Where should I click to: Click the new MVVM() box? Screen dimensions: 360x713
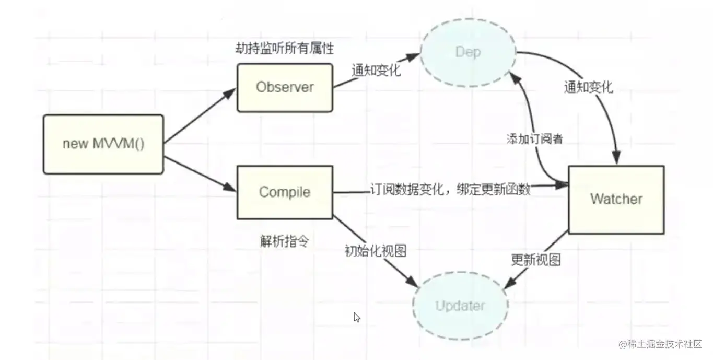[103, 144]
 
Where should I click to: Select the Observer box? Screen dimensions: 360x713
[285, 87]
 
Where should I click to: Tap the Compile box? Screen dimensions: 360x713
[285, 192]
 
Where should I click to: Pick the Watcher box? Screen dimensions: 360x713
[616, 199]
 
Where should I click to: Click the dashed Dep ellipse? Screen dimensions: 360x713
[468, 52]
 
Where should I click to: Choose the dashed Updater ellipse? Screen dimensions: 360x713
[460, 306]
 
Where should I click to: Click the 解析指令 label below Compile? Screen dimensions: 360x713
[284, 241]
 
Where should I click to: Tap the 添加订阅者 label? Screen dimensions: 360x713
[534, 139]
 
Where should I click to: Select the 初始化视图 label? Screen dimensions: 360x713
[375, 251]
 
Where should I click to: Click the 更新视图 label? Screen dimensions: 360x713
[535, 260]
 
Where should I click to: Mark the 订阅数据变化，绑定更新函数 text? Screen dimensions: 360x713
[450, 189]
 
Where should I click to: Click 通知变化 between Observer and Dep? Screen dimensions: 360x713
[376, 71]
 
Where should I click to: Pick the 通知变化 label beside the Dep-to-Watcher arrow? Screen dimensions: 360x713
[588, 87]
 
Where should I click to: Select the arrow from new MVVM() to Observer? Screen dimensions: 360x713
[200, 115]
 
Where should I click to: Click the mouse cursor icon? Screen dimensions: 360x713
[357, 317]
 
